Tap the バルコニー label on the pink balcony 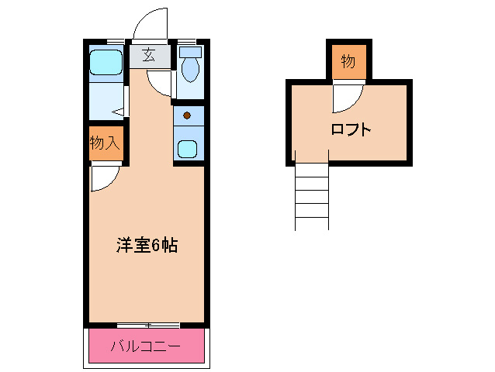pyautogui.click(x=145, y=346)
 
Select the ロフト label pyautogui.click(x=351, y=129)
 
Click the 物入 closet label pyautogui.click(x=105, y=143)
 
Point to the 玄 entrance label pyautogui.click(x=147, y=56)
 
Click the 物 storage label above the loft pyautogui.click(x=348, y=61)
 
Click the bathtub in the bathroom pyautogui.click(x=106, y=61)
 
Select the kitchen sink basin pyautogui.click(x=187, y=147)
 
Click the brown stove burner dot pyautogui.click(x=187, y=116)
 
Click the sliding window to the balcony pyautogui.click(x=147, y=323)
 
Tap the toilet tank pyautogui.click(x=190, y=53)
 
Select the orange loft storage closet pyautogui.click(x=348, y=62)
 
